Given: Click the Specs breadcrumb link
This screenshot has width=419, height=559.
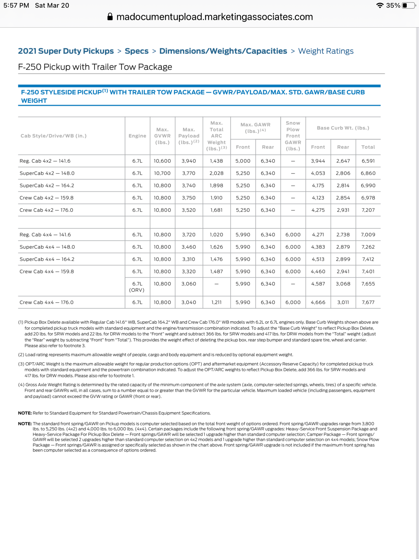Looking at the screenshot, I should click(x=136, y=51).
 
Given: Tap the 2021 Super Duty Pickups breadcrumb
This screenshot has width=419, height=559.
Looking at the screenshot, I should click(x=66, y=51).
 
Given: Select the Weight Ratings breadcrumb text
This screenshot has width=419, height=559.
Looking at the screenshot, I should click(x=326, y=51).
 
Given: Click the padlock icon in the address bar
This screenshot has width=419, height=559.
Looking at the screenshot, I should click(x=110, y=17).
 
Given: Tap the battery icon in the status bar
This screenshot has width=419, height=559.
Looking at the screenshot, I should click(x=409, y=6).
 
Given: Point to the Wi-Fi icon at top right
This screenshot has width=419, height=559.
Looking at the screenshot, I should click(x=380, y=6).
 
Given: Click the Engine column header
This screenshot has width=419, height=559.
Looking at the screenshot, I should click(x=137, y=136).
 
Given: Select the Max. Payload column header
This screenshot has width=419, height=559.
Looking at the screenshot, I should click(x=189, y=136).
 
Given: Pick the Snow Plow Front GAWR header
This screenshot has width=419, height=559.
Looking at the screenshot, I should click(x=293, y=136).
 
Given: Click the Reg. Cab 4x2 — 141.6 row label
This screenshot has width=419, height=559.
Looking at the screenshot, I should click(x=45, y=161).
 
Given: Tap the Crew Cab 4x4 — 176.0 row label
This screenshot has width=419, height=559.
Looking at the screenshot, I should click(x=46, y=302).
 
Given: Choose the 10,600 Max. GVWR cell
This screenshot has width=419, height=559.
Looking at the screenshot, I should click(x=162, y=161).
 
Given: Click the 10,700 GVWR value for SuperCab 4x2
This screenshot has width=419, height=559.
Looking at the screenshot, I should click(x=162, y=173).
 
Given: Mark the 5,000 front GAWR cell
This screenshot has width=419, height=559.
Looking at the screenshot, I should click(x=243, y=161).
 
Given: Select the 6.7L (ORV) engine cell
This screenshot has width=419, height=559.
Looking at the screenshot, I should click(x=137, y=287).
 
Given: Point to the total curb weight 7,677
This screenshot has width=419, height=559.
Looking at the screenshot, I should click(x=368, y=302).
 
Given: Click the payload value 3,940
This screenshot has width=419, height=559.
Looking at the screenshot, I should click(x=189, y=161).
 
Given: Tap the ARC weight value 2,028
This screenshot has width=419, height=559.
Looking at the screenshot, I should click(x=216, y=173).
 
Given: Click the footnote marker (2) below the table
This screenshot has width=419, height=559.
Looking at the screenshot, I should click(x=21, y=355).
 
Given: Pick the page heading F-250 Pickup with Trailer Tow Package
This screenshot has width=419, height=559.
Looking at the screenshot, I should click(x=95, y=67).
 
